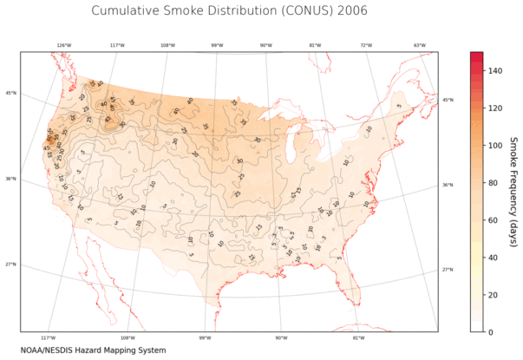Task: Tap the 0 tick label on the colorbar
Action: (492, 332)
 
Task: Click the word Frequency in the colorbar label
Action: (513, 198)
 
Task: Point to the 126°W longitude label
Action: (64, 45)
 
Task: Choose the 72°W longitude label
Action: (366, 45)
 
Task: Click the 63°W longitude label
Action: (419, 45)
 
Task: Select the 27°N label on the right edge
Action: (448, 270)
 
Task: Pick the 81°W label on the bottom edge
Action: (358, 337)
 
